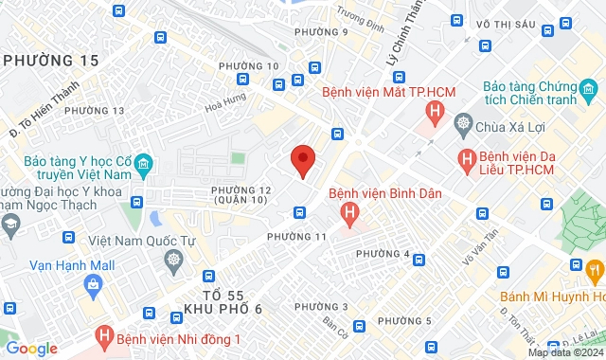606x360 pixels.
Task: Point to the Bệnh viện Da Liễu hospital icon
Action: pos(466,160)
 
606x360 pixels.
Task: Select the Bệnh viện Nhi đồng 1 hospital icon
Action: pos(103,338)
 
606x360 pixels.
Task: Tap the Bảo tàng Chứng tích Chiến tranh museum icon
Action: pos(588,93)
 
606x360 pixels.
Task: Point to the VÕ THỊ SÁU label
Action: pos(507,24)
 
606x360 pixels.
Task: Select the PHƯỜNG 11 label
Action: pos(296,236)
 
